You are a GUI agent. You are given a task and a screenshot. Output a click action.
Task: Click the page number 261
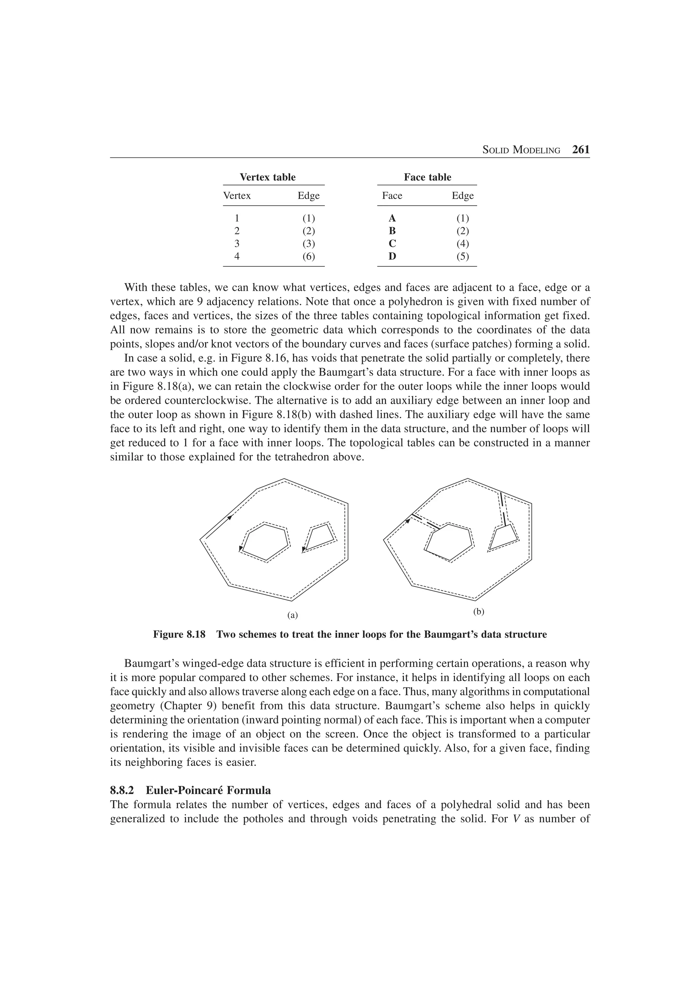[580, 150]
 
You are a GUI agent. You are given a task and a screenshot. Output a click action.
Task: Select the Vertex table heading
[267, 177]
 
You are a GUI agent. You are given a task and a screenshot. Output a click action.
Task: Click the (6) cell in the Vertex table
[308, 256]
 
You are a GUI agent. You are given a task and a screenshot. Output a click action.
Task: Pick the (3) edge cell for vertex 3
[308, 243]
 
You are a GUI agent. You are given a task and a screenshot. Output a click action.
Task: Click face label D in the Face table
[392, 256]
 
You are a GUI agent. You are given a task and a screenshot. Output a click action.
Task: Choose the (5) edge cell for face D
[462, 256]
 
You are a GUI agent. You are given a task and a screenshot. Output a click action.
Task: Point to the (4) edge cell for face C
[462, 243]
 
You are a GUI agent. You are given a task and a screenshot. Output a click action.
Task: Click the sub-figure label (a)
[293, 616]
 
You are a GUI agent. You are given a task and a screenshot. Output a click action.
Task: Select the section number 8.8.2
[122, 790]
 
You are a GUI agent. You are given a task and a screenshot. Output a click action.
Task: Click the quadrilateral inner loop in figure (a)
[320, 538]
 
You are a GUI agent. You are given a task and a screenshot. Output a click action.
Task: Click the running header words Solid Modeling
[521, 150]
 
